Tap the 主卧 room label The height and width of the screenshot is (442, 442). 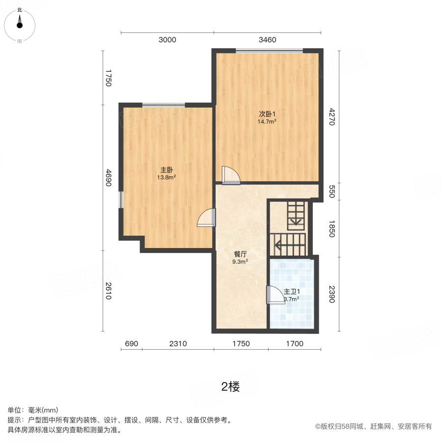coord(166,170)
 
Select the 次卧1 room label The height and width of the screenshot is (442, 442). coord(267,114)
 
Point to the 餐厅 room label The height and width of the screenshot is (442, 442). coord(240,254)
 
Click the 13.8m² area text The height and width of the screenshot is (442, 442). coord(166,178)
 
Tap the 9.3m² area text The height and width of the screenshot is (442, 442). coord(240,262)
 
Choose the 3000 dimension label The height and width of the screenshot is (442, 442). coord(167,40)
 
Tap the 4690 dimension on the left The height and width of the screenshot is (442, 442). coord(109,178)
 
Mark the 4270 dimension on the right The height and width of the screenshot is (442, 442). coord(331,117)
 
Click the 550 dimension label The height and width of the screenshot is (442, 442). coord(331,191)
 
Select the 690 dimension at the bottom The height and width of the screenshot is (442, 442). coord(131,344)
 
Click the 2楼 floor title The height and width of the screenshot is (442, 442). coord(230,387)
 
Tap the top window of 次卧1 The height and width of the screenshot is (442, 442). coord(269,50)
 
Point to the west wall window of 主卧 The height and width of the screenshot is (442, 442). coord(121,199)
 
